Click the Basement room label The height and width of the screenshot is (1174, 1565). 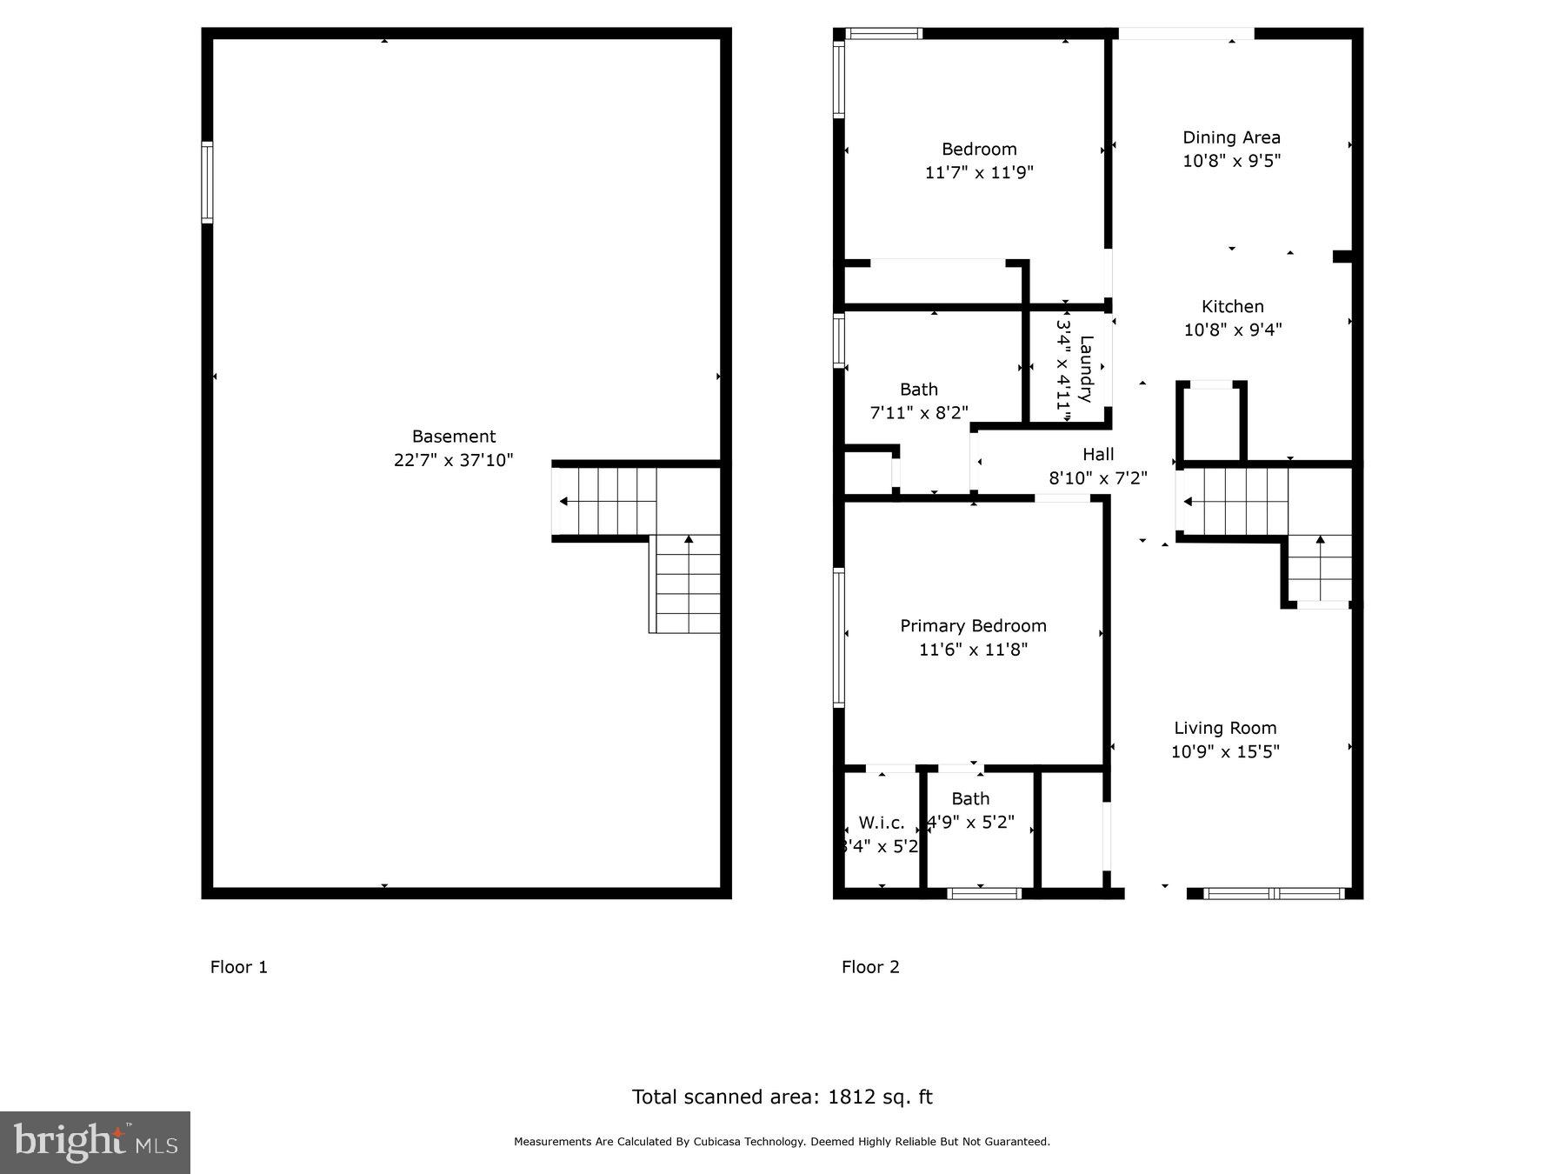click(453, 437)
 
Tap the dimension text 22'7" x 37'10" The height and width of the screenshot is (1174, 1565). click(453, 460)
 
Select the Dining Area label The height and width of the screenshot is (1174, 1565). click(1231, 137)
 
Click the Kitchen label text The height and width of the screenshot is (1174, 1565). click(1232, 306)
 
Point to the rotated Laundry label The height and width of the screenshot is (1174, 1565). click(1085, 369)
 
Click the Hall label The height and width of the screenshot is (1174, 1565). click(1098, 454)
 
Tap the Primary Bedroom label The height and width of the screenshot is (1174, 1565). click(973, 626)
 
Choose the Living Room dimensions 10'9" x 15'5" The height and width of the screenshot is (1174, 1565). click(1225, 752)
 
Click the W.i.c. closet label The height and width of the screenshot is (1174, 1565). click(882, 823)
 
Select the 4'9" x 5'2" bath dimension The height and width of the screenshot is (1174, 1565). click(971, 822)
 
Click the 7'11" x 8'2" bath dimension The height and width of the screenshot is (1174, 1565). click(919, 413)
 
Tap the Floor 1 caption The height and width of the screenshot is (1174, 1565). click(239, 967)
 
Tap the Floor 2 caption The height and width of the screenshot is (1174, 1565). click(870, 967)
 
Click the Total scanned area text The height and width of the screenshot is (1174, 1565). click(782, 1097)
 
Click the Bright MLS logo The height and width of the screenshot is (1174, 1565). click(95, 1143)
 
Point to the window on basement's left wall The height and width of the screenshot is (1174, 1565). click(207, 183)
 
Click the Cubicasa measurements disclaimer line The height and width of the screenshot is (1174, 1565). click(782, 1142)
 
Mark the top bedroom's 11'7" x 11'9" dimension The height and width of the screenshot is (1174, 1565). click(979, 172)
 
